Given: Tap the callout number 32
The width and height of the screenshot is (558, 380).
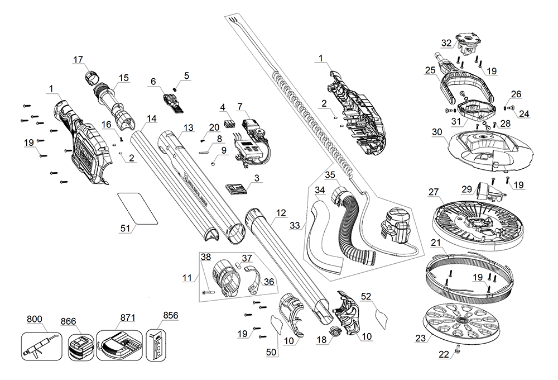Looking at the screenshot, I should pyautogui.click(x=446, y=42).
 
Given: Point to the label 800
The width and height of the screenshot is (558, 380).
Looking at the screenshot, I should pyautogui.click(x=34, y=320).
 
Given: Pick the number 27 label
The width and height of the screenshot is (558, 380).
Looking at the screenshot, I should pyautogui.click(x=434, y=192).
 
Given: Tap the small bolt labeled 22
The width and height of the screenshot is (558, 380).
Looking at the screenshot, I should pyautogui.click(x=457, y=348).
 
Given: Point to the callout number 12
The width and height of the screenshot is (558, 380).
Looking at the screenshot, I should pyautogui.click(x=281, y=213).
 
